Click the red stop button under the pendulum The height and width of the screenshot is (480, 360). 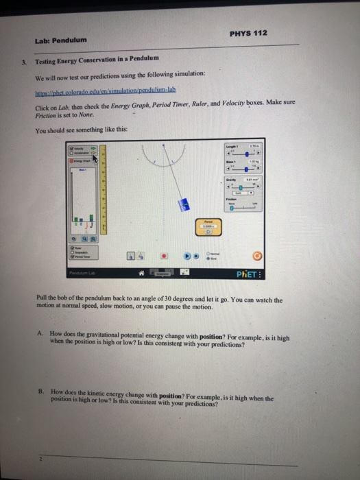coord(164,254)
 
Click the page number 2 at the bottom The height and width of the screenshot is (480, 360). coord(40,459)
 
